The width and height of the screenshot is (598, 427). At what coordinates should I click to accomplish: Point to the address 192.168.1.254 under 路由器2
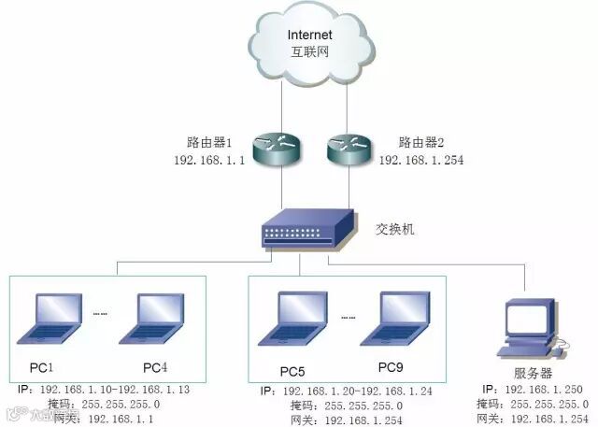click(x=421, y=160)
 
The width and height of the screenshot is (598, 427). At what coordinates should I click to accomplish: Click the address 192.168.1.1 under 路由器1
click(x=208, y=160)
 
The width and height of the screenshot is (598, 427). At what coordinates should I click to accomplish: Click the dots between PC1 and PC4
click(x=102, y=314)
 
